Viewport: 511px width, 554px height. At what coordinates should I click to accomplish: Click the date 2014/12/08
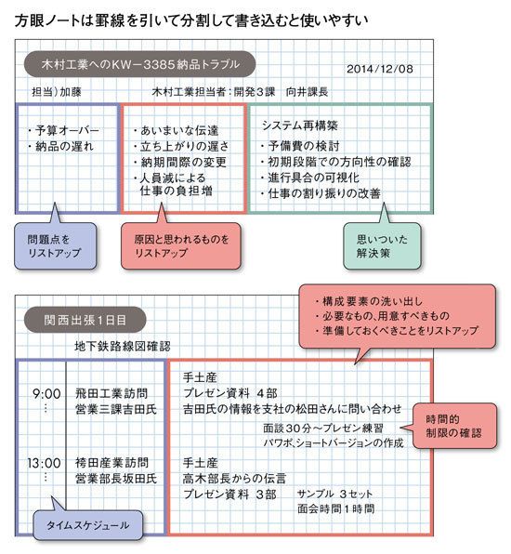(380, 69)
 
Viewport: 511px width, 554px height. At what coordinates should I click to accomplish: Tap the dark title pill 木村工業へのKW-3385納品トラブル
(139, 64)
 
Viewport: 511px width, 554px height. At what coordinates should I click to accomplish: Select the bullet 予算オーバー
(64, 130)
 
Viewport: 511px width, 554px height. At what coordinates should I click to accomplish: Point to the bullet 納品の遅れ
(60, 146)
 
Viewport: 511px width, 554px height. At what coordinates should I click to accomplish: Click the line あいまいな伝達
(177, 130)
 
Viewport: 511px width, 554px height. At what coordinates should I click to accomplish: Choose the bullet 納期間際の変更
(180, 162)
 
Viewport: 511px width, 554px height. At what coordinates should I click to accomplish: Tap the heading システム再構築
(300, 125)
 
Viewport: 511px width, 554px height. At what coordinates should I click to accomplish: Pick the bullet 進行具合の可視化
(309, 178)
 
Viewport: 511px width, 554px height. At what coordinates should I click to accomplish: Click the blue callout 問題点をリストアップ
(55, 246)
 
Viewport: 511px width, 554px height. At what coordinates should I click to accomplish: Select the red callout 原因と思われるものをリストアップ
(181, 246)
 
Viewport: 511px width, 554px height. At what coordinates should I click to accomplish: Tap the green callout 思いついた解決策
(382, 246)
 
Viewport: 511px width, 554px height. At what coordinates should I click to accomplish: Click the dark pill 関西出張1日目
(85, 320)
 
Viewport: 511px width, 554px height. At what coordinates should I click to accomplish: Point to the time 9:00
(46, 393)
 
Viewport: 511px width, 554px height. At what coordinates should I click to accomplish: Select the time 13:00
(45, 463)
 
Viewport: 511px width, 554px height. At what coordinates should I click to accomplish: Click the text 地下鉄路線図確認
(123, 346)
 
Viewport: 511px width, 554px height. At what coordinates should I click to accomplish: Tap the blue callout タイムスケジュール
(88, 525)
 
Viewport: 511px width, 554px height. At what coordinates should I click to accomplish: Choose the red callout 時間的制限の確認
(454, 426)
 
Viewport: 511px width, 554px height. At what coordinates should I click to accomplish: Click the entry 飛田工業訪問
(111, 393)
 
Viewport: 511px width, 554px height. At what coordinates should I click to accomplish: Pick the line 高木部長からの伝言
(234, 479)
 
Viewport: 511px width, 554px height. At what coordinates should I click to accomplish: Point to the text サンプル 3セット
(334, 494)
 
